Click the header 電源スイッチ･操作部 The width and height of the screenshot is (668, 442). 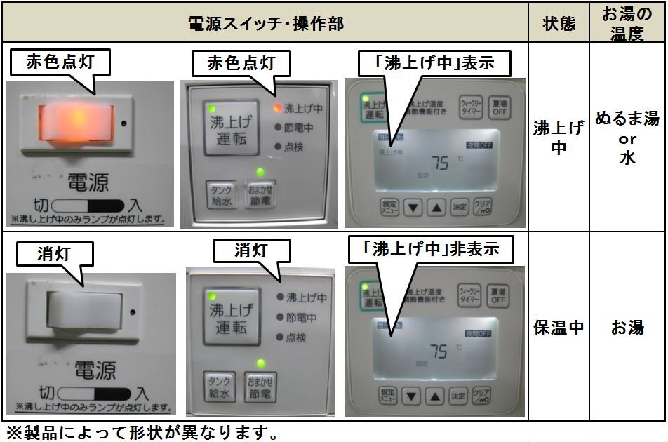266,22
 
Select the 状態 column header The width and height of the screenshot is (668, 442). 559,22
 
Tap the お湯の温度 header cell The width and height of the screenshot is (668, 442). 627,22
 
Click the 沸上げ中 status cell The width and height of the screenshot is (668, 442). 559,138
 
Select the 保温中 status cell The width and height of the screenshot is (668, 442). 559,327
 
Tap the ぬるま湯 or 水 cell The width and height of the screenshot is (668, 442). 627,138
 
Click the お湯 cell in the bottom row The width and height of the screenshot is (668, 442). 627,327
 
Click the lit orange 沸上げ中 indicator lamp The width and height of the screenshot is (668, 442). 278,109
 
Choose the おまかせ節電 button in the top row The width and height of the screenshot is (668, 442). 260,192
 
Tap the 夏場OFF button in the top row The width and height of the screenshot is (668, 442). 498,107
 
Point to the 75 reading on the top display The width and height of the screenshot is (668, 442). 440,163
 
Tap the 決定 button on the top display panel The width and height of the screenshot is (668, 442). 459,207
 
